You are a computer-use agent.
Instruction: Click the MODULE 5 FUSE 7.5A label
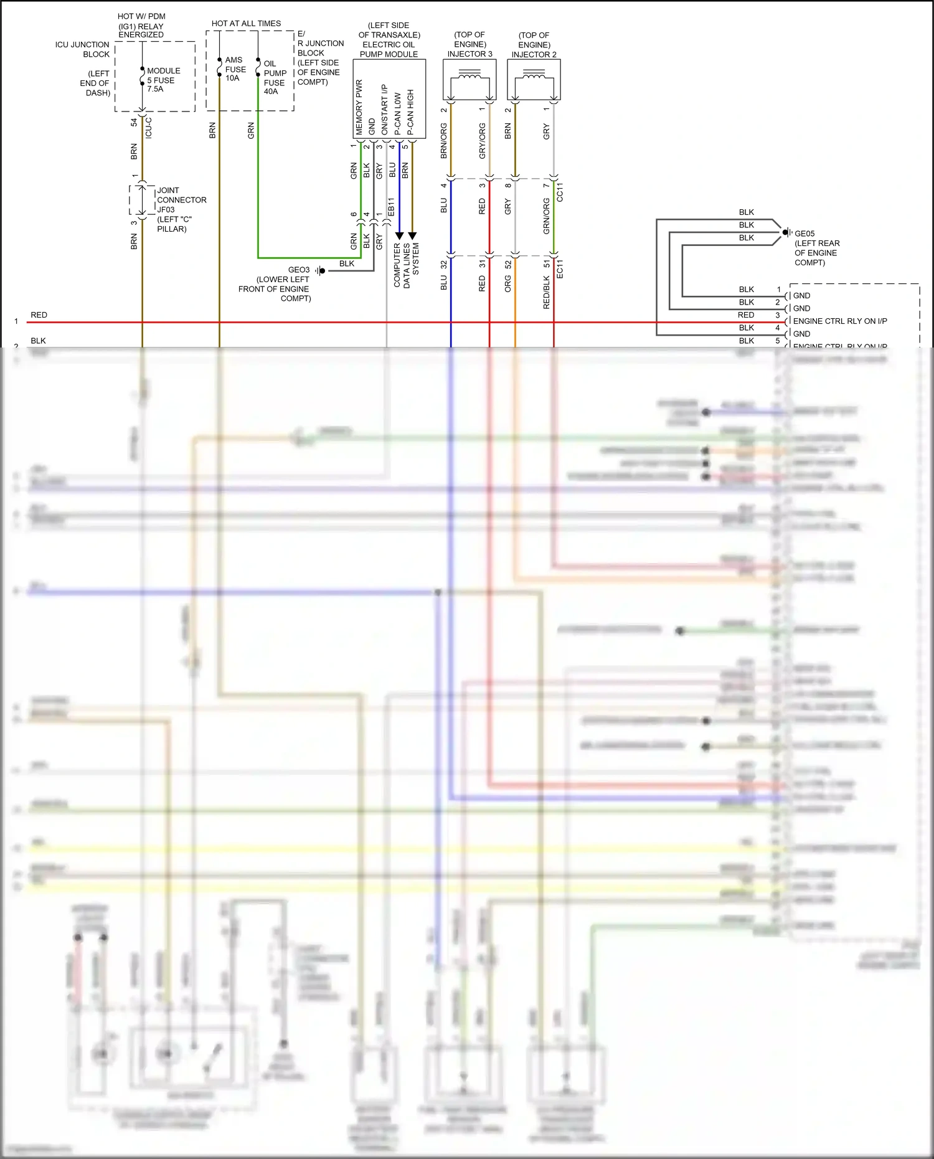click(x=163, y=80)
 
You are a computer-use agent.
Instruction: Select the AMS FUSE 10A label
click(x=235, y=69)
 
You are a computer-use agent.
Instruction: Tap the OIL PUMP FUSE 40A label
click(x=274, y=78)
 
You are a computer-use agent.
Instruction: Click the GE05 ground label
click(x=804, y=234)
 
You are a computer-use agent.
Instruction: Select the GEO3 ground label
click(x=298, y=270)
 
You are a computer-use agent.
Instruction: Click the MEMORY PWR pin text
click(x=359, y=106)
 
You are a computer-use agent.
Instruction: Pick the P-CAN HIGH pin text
click(x=410, y=112)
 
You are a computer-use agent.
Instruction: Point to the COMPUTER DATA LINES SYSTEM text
click(x=406, y=265)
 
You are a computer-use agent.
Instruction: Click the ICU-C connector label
click(x=148, y=128)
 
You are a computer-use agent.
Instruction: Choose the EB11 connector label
click(x=391, y=207)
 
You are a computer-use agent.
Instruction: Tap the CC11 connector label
click(x=560, y=192)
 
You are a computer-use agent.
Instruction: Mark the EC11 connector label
click(x=560, y=268)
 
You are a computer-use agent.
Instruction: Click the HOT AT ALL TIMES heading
click(x=246, y=24)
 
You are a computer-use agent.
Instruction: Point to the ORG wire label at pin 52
click(x=508, y=284)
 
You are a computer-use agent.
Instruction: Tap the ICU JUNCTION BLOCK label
click(x=82, y=49)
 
